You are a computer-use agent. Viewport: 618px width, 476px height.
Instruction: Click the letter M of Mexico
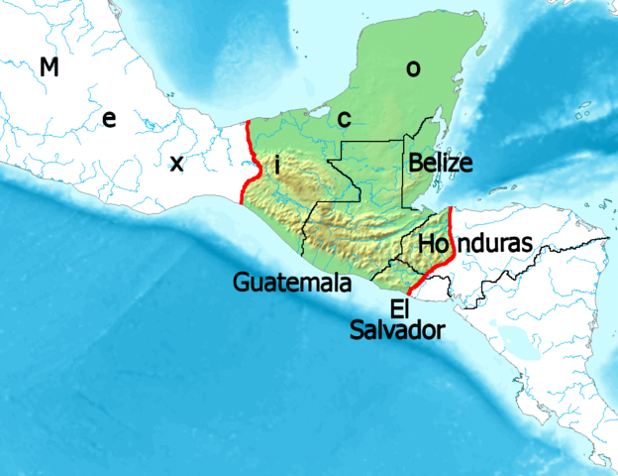pos(49,67)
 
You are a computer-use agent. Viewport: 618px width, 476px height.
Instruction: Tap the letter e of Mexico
pos(109,120)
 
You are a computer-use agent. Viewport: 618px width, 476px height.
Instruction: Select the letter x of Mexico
pos(176,163)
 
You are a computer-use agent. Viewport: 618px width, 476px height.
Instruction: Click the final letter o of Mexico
pos(413,68)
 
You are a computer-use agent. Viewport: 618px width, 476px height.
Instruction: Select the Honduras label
pos(475,243)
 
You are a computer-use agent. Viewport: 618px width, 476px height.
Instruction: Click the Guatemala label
pos(292,283)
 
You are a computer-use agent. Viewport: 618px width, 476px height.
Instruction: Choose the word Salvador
pos(396,329)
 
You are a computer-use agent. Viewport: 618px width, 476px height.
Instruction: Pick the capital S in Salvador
pos(358,329)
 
